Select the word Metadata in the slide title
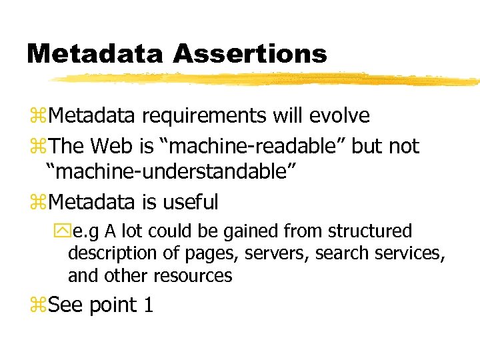pos(94,53)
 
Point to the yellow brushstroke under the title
pos(267,79)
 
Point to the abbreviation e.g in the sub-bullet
pos(86,231)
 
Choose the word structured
pos(370,231)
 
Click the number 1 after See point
pos(148,305)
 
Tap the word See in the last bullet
pos(66,305)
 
